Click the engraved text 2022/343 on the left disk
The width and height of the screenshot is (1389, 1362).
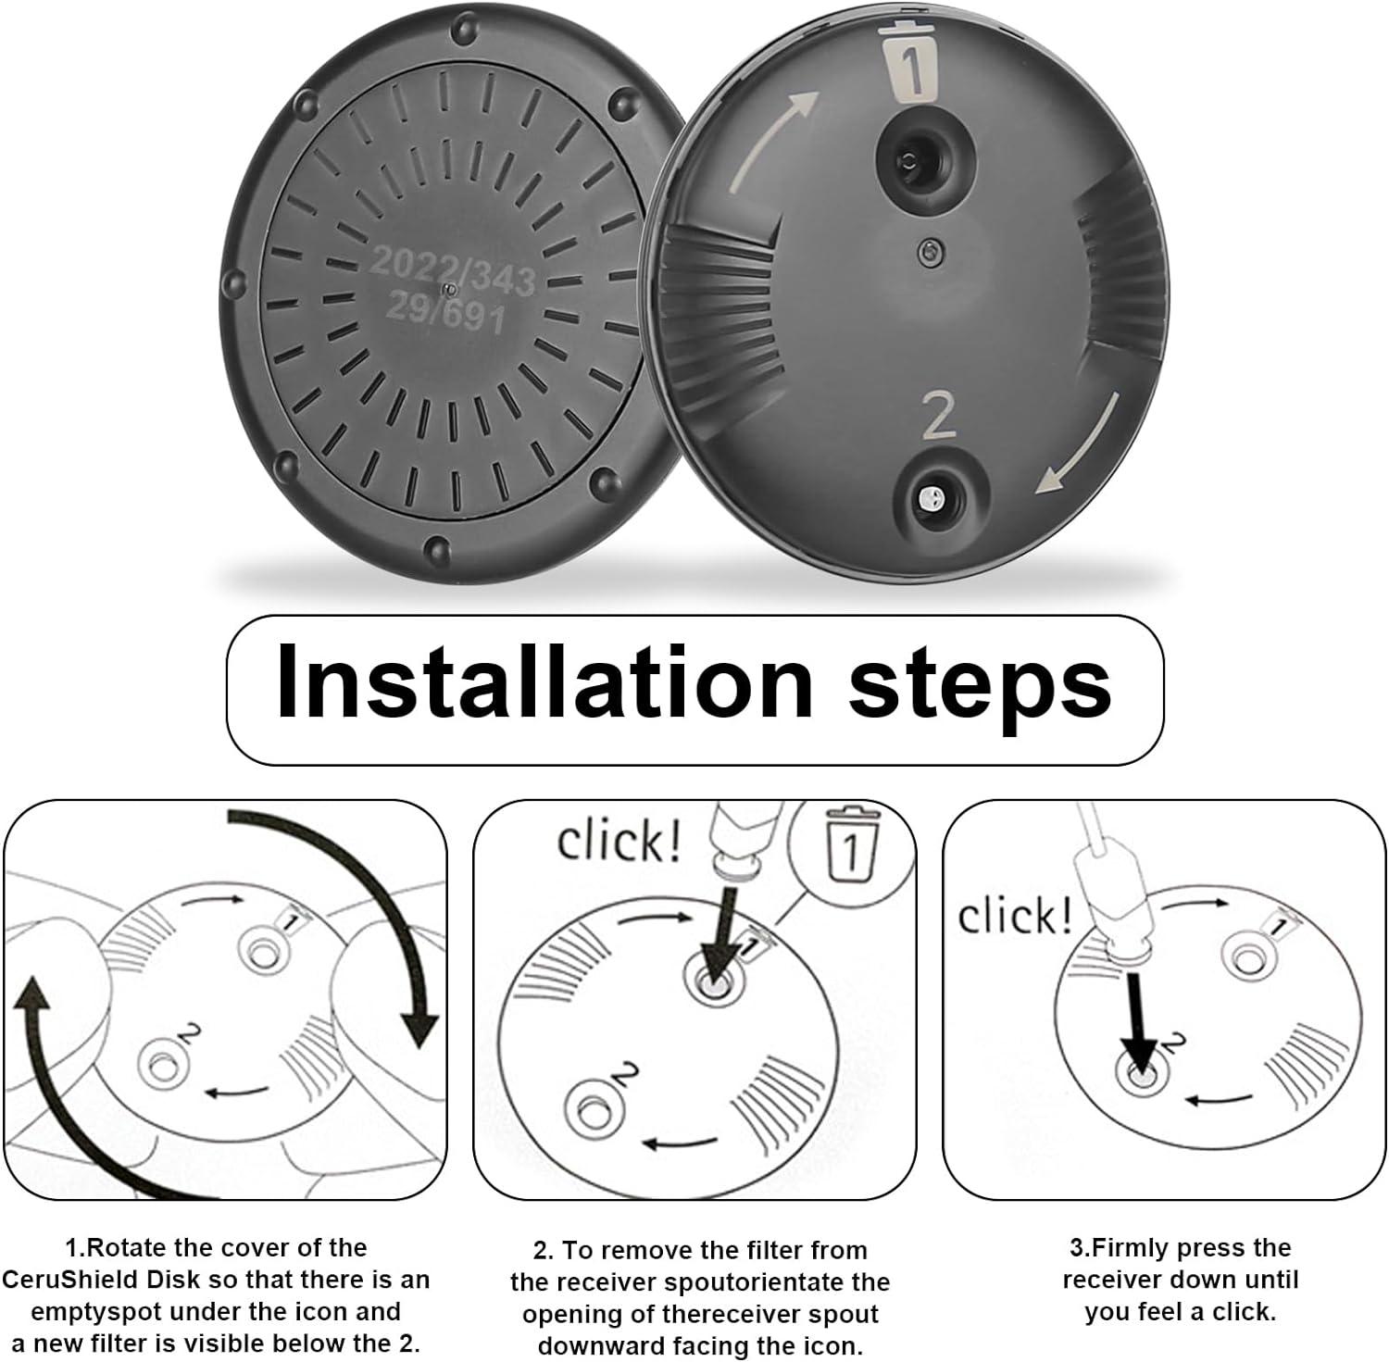[452, 270]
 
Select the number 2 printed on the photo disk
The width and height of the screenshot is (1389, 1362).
[938, 416]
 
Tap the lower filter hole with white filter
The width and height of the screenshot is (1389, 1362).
[930, 499]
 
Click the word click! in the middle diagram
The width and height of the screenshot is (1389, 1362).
[618, 841]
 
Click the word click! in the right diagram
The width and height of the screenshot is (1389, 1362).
[1014, 917]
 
